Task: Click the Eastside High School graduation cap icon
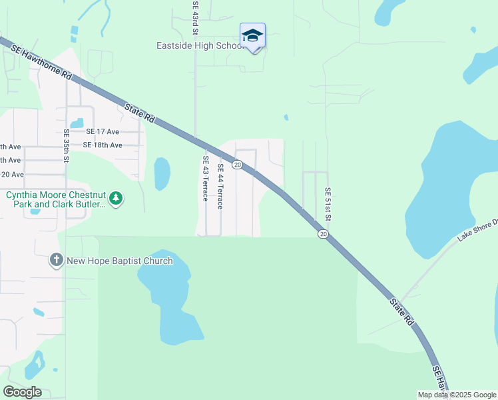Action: [x=252, y=35]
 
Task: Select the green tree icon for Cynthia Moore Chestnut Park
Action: [x=117, y=198]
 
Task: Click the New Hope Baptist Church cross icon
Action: [x=57, y=261]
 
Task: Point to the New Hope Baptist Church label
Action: [x=120, y=261]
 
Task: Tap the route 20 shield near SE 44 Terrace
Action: [x=237, y=164]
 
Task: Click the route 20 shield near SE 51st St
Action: [x=323, y=234]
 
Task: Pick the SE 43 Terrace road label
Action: [x=206, y=179]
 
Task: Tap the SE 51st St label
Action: [x=328, y=204]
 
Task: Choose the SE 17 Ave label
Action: [x=103, y=132]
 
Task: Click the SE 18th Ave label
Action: [x=103, y=145]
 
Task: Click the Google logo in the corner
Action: [x=22, y=392]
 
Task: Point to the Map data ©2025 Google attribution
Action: [x=457, y=395]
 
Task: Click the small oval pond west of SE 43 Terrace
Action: [x=162, y=173]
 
